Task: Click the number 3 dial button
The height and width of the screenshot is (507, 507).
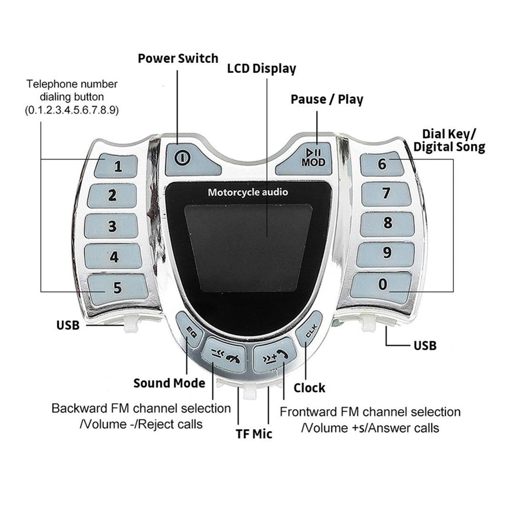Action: point(112,226)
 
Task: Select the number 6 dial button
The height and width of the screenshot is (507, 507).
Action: point(382,164)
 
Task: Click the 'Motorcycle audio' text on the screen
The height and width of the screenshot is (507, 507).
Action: point(248,192)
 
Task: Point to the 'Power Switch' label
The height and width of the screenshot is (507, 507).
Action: point(178,58)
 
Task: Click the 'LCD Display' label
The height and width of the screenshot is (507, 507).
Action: point(262,69)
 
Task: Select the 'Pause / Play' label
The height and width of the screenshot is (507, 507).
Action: point(327,99)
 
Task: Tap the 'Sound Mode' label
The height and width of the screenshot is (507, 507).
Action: point(169,383)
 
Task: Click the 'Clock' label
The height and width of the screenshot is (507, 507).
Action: point(309,388)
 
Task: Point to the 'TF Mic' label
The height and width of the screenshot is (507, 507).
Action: point(254,434)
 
